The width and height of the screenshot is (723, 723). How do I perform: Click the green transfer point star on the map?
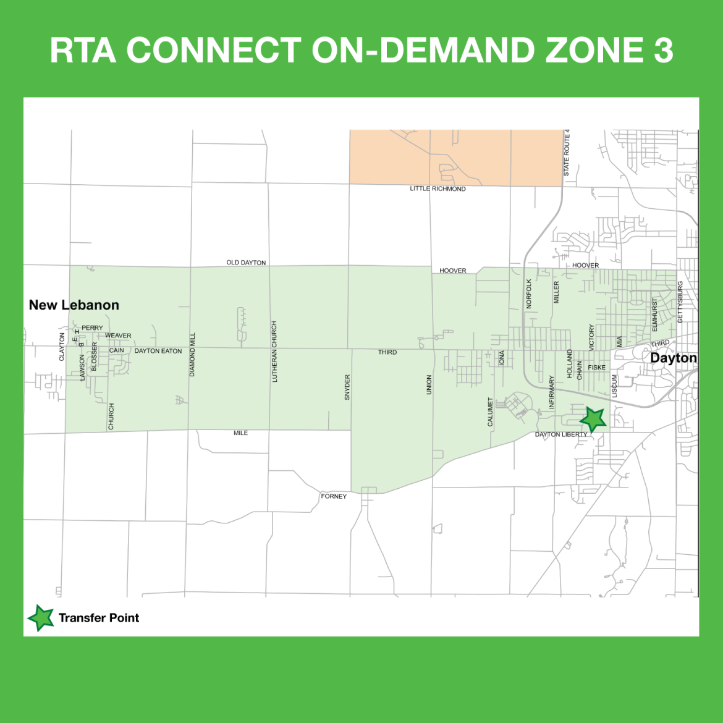tap(593, 420)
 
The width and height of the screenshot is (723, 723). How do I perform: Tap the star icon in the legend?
tap(41, 617)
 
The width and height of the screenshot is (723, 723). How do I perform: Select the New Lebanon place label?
tap(74, 305)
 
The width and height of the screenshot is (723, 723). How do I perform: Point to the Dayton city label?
tap(673, 358)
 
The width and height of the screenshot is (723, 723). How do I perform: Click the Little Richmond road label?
tap(438, 188)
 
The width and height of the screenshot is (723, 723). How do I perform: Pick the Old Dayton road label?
tap(246, 263)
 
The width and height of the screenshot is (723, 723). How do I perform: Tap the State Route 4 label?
tap(567, 153)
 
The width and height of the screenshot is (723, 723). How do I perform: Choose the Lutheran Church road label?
tap(274, 351)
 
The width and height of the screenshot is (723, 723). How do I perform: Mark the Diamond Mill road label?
tap(192, 354)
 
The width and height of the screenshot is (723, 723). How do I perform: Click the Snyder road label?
tap(347, 387)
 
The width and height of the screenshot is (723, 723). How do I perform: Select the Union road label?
tap(429, 384)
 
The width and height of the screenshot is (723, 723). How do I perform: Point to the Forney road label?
tap(334, 496)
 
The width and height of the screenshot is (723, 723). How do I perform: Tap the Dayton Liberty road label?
tap(561, 434)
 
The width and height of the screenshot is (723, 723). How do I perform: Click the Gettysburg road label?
tap(680, 302)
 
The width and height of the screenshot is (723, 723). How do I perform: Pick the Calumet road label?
tap(491, 412)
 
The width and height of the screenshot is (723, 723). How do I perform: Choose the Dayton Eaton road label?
tap(158, 351)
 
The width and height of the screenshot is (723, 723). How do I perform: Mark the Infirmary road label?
tap(552, 392)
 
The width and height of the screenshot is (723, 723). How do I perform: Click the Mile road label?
tap(240, 433)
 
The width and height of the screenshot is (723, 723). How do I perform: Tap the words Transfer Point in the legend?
tap(99, 617)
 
